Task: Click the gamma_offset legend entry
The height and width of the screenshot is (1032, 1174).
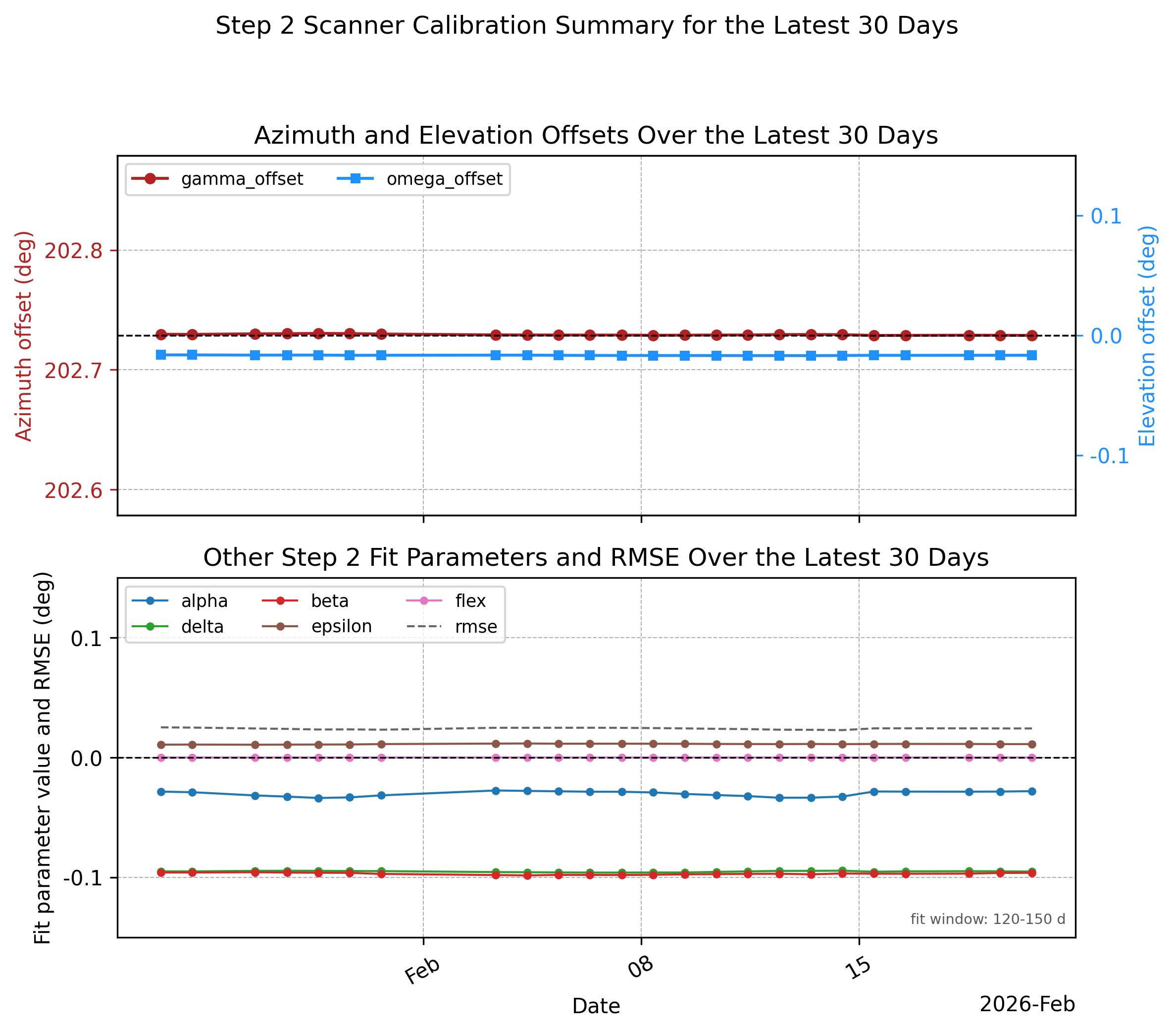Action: [x=217, y=179]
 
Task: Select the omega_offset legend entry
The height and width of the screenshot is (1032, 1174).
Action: [x=419, y=179]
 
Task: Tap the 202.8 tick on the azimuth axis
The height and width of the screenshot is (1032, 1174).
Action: [x=73, y=251]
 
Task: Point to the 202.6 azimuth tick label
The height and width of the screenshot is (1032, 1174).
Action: [x=73, y=490]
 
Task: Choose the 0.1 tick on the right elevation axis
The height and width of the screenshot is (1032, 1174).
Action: [x=1106, y=216]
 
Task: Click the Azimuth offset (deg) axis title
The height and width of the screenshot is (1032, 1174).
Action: [x=24, y=335]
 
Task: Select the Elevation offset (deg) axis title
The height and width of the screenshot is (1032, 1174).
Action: [x=1146, y=335]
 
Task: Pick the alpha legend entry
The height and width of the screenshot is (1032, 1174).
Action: [x=180, y=601]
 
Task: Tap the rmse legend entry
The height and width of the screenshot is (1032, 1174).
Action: [x=452, y=626]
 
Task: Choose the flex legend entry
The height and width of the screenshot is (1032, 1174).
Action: [x=446, y=601]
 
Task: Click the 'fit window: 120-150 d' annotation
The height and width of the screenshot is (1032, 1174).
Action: [x=988, y=920]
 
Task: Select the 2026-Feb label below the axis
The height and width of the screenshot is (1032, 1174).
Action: [x=1027, y=1004]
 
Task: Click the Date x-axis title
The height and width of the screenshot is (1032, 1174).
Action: [x=596, y=1006]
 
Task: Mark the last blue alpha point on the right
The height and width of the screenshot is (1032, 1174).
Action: [x=1031, y=791]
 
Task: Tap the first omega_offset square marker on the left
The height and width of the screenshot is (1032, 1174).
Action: [x=161, y=355]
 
